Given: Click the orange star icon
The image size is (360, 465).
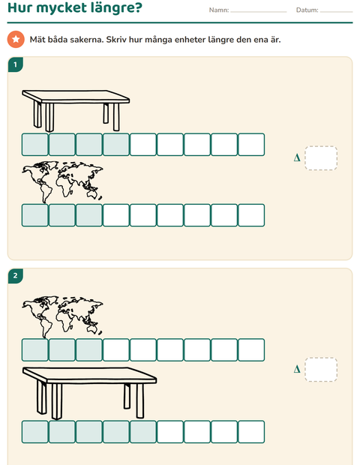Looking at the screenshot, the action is tap(16, 39).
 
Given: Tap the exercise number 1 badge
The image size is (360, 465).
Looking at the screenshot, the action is tap(16, 64).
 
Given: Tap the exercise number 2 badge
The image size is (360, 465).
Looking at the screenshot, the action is tap(16, 276).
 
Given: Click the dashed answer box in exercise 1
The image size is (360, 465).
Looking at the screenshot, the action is tap(321, 158).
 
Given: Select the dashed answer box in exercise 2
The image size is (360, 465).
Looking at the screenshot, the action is tap(321, 370).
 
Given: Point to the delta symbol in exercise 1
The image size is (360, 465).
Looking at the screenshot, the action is tap(297, 157).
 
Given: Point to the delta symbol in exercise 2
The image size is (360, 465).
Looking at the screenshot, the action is tap(297, 369).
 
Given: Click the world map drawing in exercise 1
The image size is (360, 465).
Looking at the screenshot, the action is tap(62, 181).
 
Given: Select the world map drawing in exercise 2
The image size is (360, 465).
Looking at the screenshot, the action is tap(62, 316).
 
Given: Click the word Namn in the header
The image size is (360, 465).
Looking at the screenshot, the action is tap(218, 10).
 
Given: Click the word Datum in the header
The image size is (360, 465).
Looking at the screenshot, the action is tap(306, 10).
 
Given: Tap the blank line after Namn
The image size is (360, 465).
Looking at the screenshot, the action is tap(259, 12).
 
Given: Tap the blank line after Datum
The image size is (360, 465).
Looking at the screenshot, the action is tap(337, 12).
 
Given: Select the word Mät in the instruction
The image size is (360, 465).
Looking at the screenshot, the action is tap(37, 40).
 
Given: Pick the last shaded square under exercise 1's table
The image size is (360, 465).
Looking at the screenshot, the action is tap(116, 145).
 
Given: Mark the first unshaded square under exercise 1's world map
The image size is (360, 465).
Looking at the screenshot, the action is tap(116, 215).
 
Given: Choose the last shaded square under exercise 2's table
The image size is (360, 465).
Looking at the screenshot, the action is tap(143, 431).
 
